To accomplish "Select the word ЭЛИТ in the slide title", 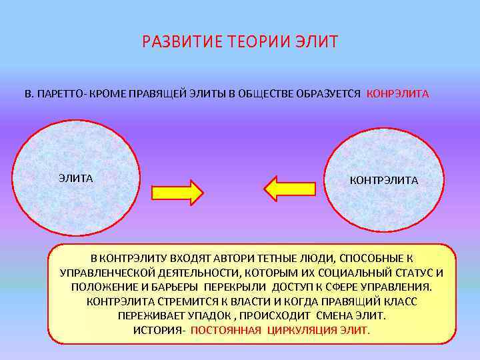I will coord(317,43).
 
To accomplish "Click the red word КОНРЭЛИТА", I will coord(398,94).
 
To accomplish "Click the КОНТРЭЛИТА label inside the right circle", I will coord(384,180).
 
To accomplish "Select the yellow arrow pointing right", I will coord(177,191).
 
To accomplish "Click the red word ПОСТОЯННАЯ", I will coord(226,330).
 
